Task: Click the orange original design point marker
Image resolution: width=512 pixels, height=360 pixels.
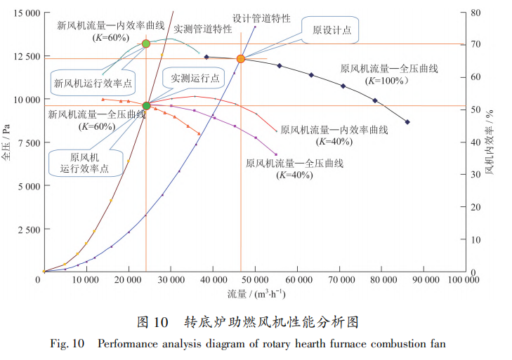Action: click(x=241, y=59)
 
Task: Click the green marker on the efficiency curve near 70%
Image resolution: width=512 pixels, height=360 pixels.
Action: click(x=146, y=44)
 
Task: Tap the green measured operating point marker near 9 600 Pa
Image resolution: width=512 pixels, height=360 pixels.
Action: click(x=146, y=106)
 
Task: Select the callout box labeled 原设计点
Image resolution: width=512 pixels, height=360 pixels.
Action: click(x=327, y=30)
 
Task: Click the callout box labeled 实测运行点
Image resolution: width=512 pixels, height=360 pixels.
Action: click(x=191, y=78)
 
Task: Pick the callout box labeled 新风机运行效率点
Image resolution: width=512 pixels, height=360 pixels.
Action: click(x=93, y=83)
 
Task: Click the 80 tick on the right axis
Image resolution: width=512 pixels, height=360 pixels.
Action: click(x=475, y=13)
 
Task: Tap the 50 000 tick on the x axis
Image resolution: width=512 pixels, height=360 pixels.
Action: click(x=255, y=279)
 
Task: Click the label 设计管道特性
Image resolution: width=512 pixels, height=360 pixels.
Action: click(x=261, y=18)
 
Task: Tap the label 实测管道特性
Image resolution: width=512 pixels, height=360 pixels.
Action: click(x=203, y=29)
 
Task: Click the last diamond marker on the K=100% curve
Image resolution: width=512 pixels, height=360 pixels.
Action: click(x=407, y=122)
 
